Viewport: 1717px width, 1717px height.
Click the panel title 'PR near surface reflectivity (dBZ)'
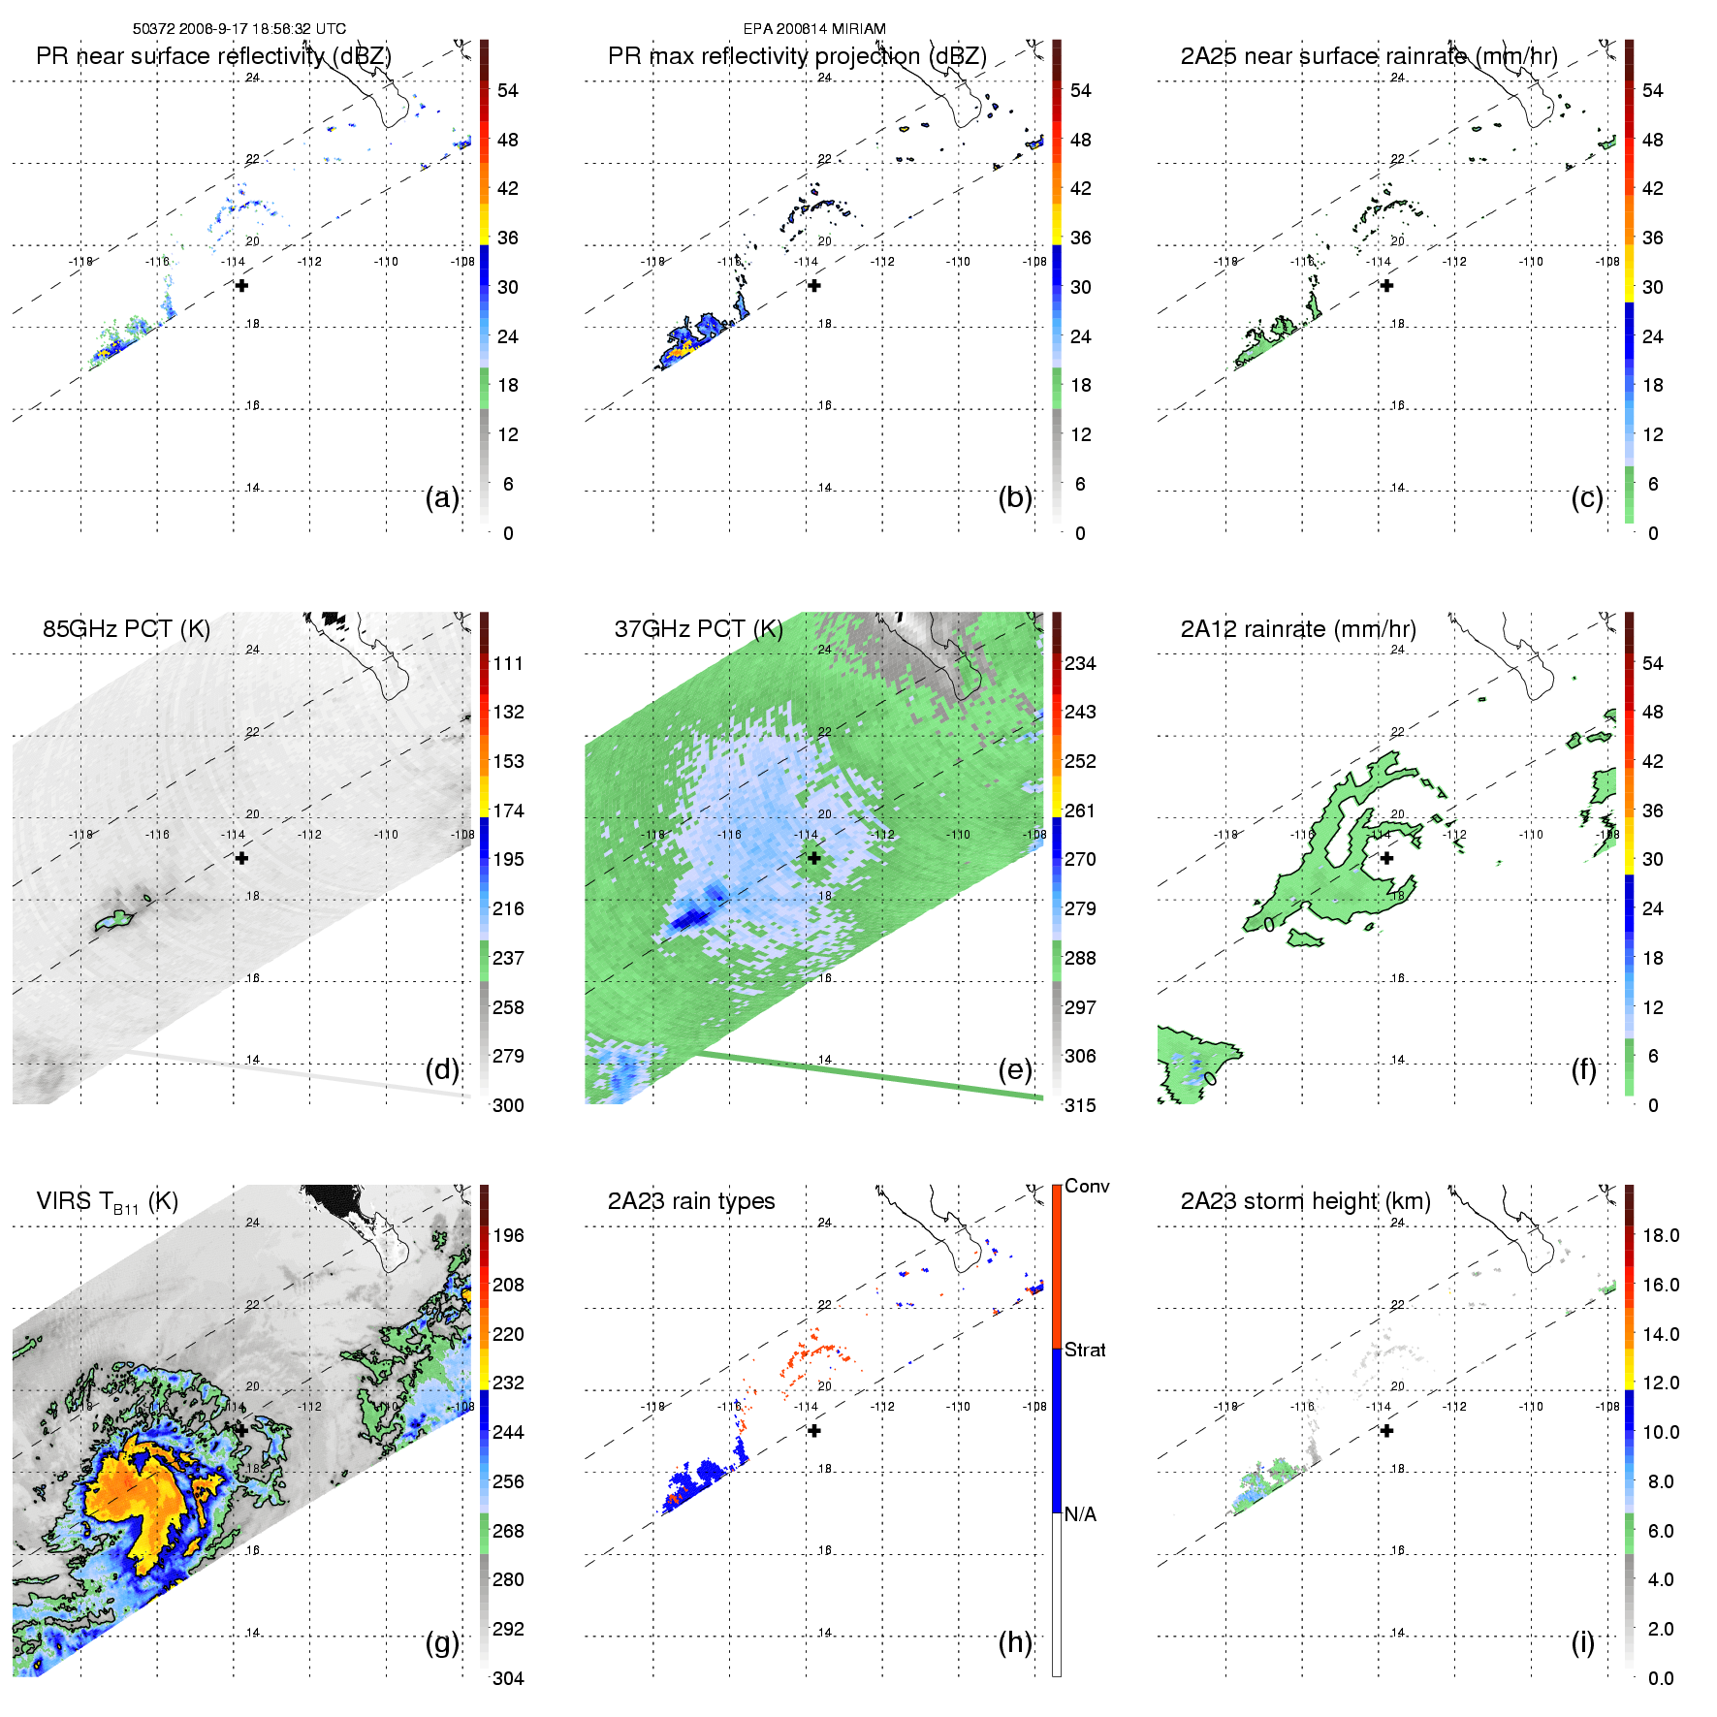(x=213, y=56)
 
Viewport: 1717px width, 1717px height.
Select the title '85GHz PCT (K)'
(x=126, y=629)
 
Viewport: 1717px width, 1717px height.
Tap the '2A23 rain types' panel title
(x=690, y=1201)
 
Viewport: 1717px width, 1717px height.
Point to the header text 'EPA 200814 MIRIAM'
(x=814, y=29)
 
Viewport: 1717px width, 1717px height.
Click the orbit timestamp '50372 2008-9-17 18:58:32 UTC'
(x=238, y=29)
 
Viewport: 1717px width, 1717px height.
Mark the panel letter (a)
(x=442, y=498)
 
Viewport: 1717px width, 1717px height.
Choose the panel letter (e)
(x=1015, y=1070)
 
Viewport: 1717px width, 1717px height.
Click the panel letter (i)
(x=1582, y=1642)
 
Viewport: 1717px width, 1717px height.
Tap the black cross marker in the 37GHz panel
(x=814, y=858)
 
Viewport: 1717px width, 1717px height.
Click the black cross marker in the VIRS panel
(x=241, y=1430)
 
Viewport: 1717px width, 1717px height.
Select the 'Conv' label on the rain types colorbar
(x=1087, y=1187)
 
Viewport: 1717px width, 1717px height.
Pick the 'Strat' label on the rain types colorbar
(x=1085, y=1351)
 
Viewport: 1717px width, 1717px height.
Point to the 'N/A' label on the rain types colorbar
(x=1080, y=1514)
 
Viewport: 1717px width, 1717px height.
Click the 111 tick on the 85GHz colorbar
(x=508, y=664)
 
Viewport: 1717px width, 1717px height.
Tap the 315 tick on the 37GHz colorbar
(x=1080, y=1106)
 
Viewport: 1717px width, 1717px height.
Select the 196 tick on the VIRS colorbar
(x=508, y=1236)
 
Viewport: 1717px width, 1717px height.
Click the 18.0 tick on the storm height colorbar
(x=1660, y=1236)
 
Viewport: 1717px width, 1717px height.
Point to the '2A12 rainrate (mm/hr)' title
(x=1297, y=629)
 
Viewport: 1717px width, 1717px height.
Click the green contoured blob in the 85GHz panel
(x=114, y=920)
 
